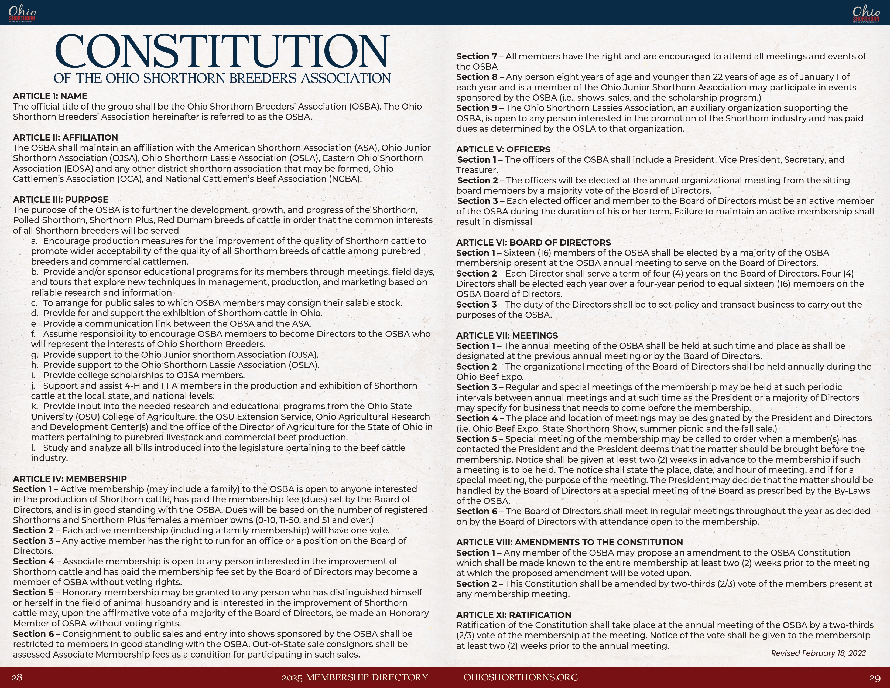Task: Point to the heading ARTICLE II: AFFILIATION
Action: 66,138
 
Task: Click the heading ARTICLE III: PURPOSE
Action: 61,200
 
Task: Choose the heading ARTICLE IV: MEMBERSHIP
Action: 70,479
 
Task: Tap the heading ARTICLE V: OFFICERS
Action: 503,149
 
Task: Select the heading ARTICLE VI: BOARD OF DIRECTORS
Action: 533,243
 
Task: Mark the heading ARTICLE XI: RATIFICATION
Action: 514,615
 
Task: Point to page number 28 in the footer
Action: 17,677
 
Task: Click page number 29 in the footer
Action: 875,677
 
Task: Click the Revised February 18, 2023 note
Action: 818,653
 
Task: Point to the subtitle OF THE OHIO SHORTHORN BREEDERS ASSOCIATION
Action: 222,78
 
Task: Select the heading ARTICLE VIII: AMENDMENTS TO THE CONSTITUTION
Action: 569,543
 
